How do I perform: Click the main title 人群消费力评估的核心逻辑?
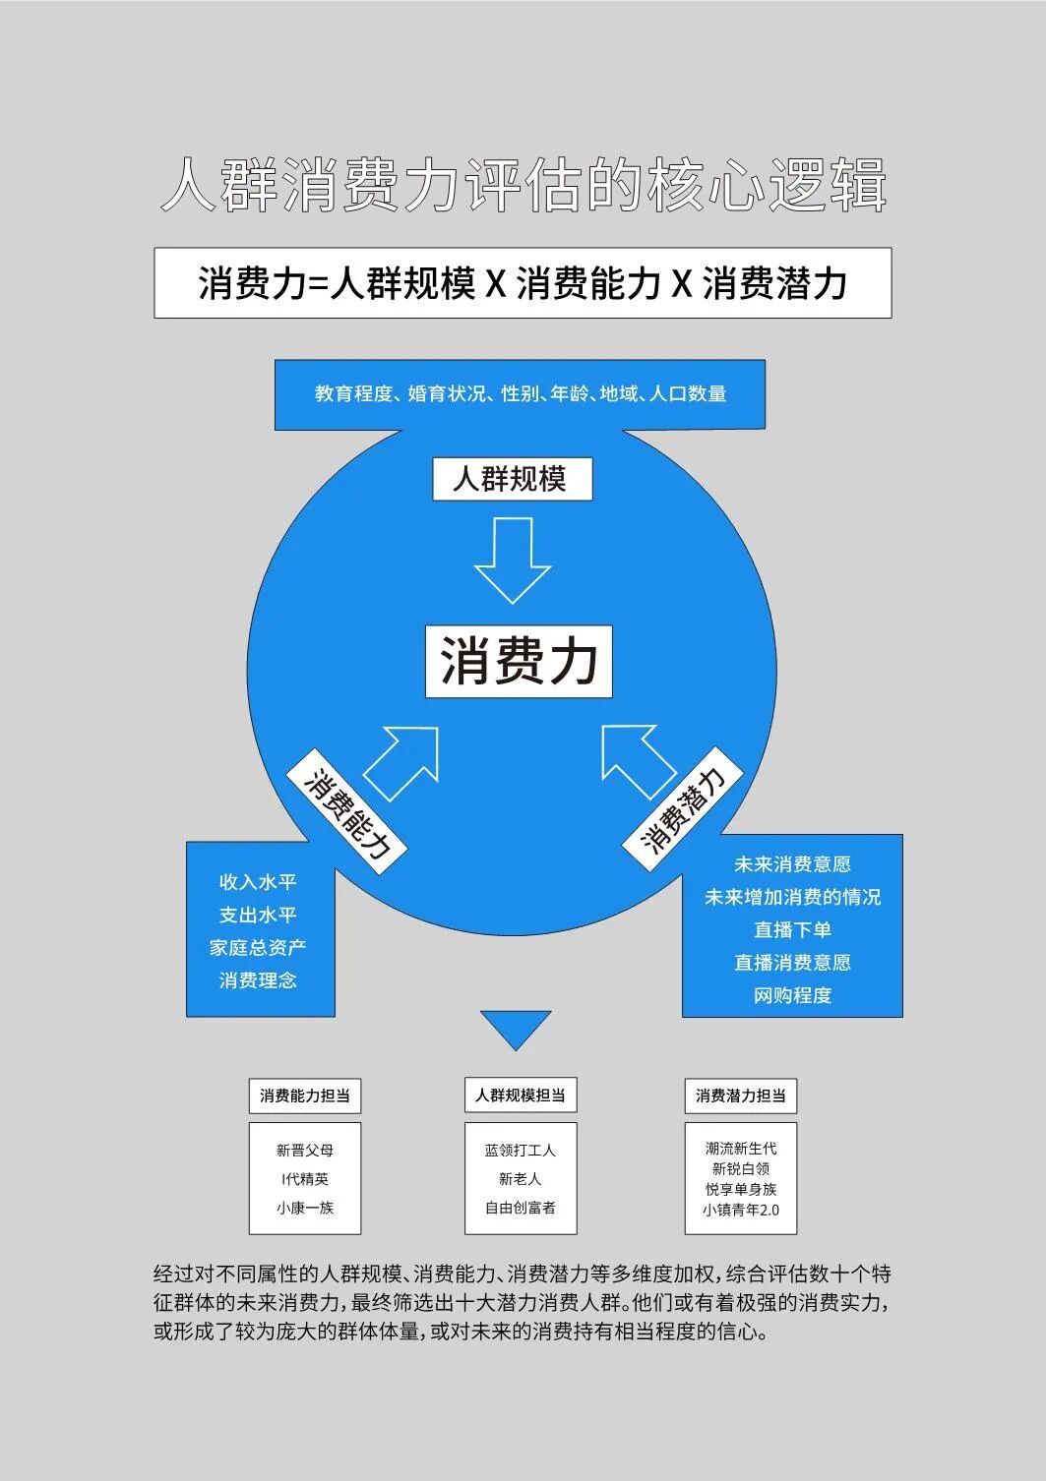[523, 184]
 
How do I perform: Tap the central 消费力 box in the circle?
[519, 661]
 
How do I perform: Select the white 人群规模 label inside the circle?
[512, 479]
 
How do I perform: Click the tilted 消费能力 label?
[346, 811]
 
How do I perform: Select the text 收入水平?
[258, 882]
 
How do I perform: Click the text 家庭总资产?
[258, 947]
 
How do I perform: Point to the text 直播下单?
[792, 929]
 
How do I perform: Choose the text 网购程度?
[792, 995]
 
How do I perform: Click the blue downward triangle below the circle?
[515, 1027]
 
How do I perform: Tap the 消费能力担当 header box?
[304, 1096]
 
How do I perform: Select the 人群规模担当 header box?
[520, 1096]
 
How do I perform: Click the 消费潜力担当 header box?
[740, 1096]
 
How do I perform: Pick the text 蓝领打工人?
[520, 1150]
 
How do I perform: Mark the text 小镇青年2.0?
[740, 1210]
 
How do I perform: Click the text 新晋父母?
[304, 1150]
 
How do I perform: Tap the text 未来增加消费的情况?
[792, 897]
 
